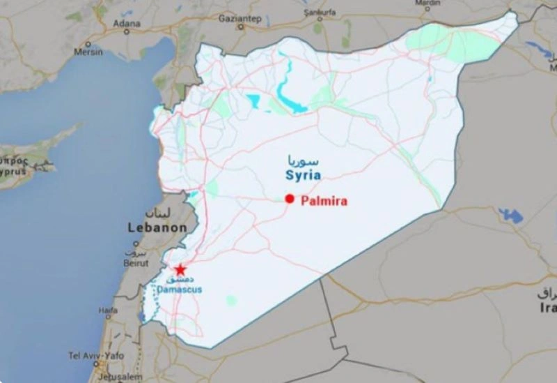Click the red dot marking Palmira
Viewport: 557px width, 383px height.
click(290, 199)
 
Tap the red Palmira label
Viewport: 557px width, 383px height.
click(324, 200)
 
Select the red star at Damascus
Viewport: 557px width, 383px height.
click(180, 269)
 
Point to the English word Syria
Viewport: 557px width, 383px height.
click(303, 176)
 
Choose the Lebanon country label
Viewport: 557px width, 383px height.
click(157, 227)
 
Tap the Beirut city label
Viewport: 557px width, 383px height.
click(136, 263)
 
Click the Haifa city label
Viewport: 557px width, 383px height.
click(108, 310)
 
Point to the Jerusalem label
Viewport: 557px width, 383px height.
click(102, 377)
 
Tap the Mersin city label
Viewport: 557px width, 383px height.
click(88, 52)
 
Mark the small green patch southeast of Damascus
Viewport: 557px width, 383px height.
click(230, 300)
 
